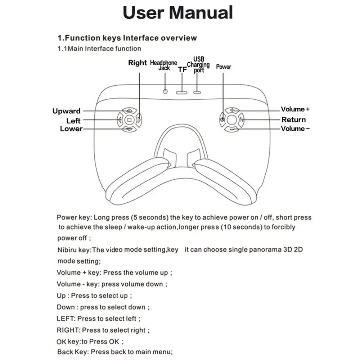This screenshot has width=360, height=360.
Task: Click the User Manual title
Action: pyautogui.click(x=178, y=13)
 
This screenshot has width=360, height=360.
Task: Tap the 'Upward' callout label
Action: pyautogui.click(x=66, y=111)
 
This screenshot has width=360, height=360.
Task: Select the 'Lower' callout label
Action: pyautogui.click(x=71, y=129)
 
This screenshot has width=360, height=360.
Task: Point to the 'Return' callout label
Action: pyautogui.click(x=293, y=120)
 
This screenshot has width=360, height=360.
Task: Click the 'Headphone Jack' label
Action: pyautogui.click(x=163, y=65)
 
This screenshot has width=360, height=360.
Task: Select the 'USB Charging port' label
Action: pyautogui.click(x=198, y=64)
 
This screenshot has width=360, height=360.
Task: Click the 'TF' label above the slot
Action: pyautogui.click(x=183, y=70)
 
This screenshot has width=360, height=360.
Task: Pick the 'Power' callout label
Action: pyautogui.click(x=224, y=67)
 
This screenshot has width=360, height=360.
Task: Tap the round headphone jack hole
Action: pyautogui.click(x=165, y=91)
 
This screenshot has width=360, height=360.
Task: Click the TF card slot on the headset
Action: pyautogui.click(x=182, y=92)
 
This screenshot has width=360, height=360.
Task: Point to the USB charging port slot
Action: pyautogui.click(x=197, y=92)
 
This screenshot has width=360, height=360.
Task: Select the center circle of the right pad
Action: pyautogui.click(x=232, y=120)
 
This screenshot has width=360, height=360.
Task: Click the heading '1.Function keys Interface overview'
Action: pyautogui.click(x=127, y=38)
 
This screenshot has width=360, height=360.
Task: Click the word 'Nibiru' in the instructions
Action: pyautogui.click(x=67, y=250)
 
